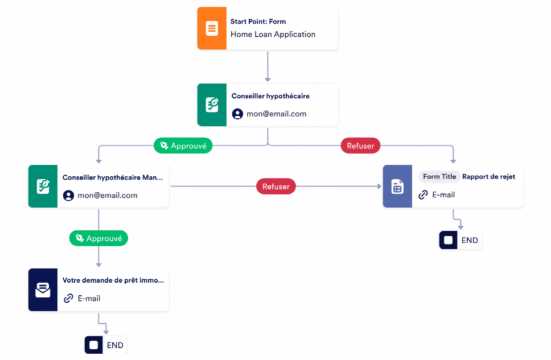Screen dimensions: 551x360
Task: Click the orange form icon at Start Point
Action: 212,28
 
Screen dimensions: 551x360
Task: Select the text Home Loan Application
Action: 273,35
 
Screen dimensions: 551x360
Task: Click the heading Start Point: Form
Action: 258,22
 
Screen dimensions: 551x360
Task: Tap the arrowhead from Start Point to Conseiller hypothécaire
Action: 268,80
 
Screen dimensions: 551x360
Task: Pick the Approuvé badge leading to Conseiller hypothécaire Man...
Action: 183,146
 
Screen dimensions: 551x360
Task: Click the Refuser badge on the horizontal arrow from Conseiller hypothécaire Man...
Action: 276,187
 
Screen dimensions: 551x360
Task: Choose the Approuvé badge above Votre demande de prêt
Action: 98,238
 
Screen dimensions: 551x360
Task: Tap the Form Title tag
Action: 439,177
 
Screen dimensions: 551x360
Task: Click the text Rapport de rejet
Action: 488,177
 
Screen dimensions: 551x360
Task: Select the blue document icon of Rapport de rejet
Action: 397,187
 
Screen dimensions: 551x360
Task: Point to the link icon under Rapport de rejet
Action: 423,195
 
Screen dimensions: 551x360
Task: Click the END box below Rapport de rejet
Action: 460,240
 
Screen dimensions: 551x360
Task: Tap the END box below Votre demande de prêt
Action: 106,345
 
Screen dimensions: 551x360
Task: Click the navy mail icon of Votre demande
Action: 43,289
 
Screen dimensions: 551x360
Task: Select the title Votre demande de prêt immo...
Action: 113,280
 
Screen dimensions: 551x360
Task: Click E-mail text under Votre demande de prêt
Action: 89,299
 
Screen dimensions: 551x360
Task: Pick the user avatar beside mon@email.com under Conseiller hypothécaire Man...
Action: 68,195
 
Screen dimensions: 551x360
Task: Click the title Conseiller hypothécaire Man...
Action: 113,177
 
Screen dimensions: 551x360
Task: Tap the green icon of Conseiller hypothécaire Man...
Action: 43,187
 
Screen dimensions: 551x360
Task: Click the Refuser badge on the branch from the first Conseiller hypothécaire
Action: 360,146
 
